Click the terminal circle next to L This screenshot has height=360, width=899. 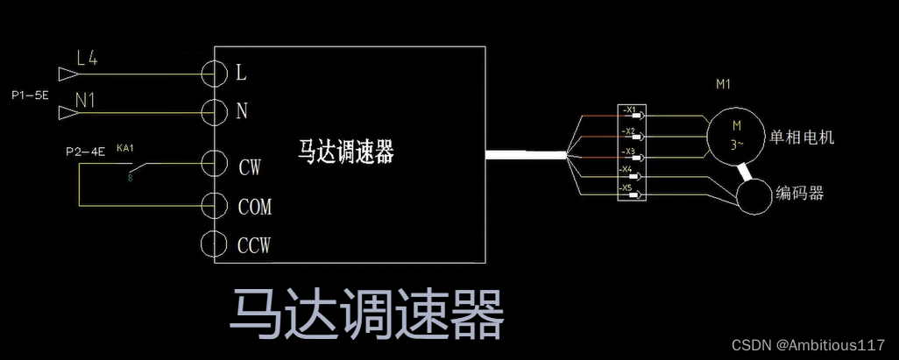(x=215, y=74)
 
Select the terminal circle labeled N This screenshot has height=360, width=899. (x=215, y=112)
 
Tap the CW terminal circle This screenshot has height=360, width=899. (x=215, y=164)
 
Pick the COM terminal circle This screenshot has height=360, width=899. (x=215, y=207)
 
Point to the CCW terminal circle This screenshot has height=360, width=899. (x=215, y=244)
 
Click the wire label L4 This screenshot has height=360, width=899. (x=88, y=59)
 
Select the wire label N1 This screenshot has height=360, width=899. (x=85, y=100)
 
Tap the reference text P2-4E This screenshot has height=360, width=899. (x=85, y=152)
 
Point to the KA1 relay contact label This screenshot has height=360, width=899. (x=124, y=148)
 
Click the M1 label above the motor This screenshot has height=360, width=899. (x=724, y=85)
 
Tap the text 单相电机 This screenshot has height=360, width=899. (x=802, y=138)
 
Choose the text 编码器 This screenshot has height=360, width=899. (x=800, y=193)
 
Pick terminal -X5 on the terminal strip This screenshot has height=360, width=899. (x=629, y=188)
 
